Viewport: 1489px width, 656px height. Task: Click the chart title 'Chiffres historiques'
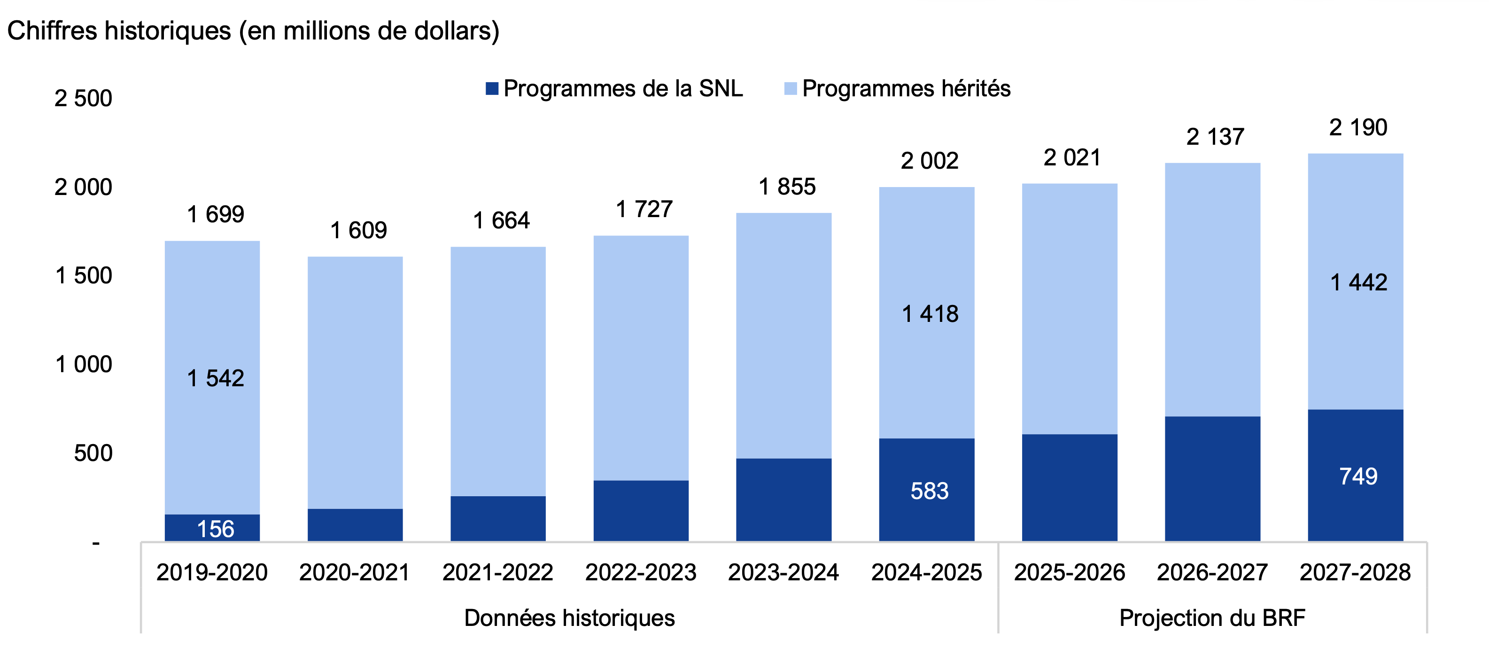[253, 31]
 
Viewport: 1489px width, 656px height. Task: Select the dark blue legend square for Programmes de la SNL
[492, 88]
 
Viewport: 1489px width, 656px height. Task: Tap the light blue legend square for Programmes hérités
[790, 88]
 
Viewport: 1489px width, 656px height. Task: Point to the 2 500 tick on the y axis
[83, 98]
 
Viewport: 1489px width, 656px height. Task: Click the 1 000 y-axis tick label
[83, 365]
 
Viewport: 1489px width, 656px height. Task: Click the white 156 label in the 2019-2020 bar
[215, 529]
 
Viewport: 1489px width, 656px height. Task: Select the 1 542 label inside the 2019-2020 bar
[215, 378]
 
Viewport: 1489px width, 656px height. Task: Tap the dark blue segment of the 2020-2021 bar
[355, 525]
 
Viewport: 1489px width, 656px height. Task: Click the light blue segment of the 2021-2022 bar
[498, 370]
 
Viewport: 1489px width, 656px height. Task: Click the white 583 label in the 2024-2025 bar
[929, 491]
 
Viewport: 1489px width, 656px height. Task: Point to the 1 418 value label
[930, 314]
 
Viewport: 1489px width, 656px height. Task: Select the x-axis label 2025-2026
[1070, 572]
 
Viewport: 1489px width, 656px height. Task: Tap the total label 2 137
[1215, 137]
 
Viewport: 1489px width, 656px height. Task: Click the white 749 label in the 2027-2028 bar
[1358, 476]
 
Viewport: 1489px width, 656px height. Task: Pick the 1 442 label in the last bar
[1358, 282]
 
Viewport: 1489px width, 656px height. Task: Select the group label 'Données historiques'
[569, 618]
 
